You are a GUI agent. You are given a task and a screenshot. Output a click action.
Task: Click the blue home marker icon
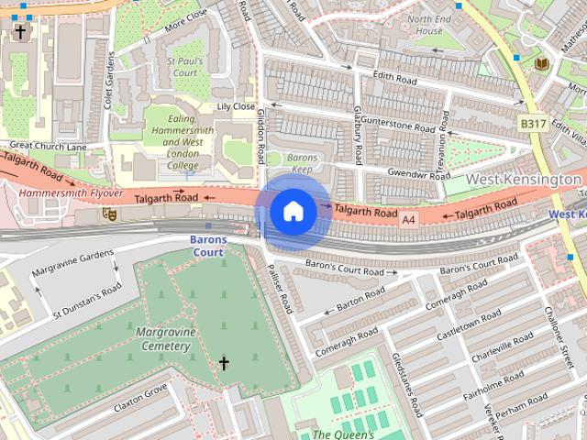click(x=293, y=212)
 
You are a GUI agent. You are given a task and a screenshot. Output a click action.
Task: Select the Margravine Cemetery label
click(x=161, y=338)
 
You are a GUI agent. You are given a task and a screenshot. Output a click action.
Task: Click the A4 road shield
click(x=409, y=219)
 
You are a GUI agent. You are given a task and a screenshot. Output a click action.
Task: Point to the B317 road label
click(x=533, y=123)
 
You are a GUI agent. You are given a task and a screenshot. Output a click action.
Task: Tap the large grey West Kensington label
click(x=524, y=179)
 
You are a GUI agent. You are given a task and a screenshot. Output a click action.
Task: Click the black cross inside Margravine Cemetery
click(x=223, y=365)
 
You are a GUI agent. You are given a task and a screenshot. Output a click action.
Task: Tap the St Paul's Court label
click(x=183, y=66)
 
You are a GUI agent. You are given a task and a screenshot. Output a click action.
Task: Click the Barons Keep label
click(x=301, y=163)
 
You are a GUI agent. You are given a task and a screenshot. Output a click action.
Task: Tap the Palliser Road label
click(x=282, y=290)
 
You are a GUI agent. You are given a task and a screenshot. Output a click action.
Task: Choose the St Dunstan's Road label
click(x=87, y=299)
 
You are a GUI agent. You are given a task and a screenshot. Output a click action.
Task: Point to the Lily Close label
click(x=236, y=107)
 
